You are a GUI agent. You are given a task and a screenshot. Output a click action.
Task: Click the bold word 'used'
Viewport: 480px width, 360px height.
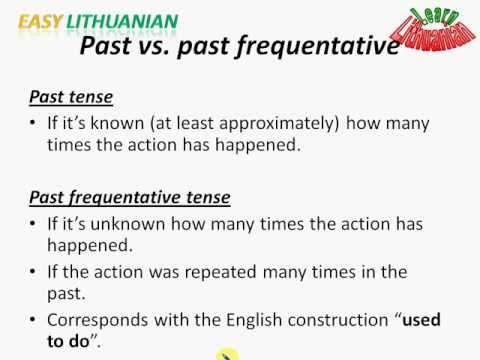[x=421, y=319]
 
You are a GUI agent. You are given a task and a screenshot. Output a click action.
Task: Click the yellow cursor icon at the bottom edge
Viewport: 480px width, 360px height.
[x=229, y=354]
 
